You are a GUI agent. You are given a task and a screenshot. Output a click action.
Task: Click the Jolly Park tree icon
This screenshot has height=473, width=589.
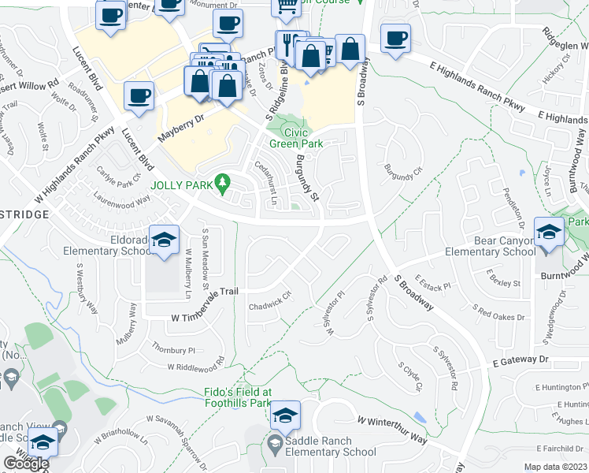point(224,184)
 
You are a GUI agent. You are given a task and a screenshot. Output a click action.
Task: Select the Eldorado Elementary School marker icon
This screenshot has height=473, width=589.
point(164,240)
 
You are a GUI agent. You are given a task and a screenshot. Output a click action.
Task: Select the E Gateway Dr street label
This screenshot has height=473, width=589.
point(520,359)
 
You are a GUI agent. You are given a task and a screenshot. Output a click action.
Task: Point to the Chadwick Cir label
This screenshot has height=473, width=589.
point(270,302)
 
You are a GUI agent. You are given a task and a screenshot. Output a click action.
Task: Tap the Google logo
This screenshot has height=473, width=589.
point(26,463)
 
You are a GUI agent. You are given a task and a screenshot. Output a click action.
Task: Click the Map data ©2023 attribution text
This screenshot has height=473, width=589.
point(556,467)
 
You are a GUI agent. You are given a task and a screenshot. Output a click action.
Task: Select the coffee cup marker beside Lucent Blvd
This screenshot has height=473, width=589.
point(139,97)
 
